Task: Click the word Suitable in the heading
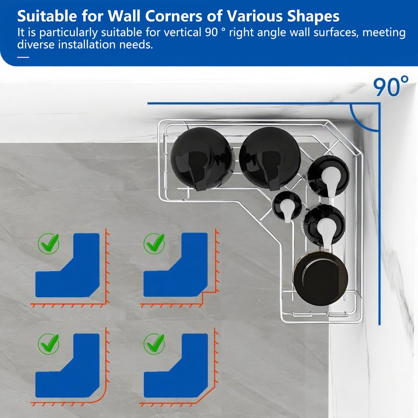coord(47,16)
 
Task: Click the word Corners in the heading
coord(173,16)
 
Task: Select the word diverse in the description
coord(36,44)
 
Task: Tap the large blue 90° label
coord(391,87)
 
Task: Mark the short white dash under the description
coord(23,57)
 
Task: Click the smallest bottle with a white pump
coord(287,206)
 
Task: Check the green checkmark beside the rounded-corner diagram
coord(49,344)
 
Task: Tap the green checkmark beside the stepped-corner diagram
coord(154,243)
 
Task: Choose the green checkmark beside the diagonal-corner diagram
coord(154,344)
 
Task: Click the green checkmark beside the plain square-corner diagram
coord(49,243)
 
